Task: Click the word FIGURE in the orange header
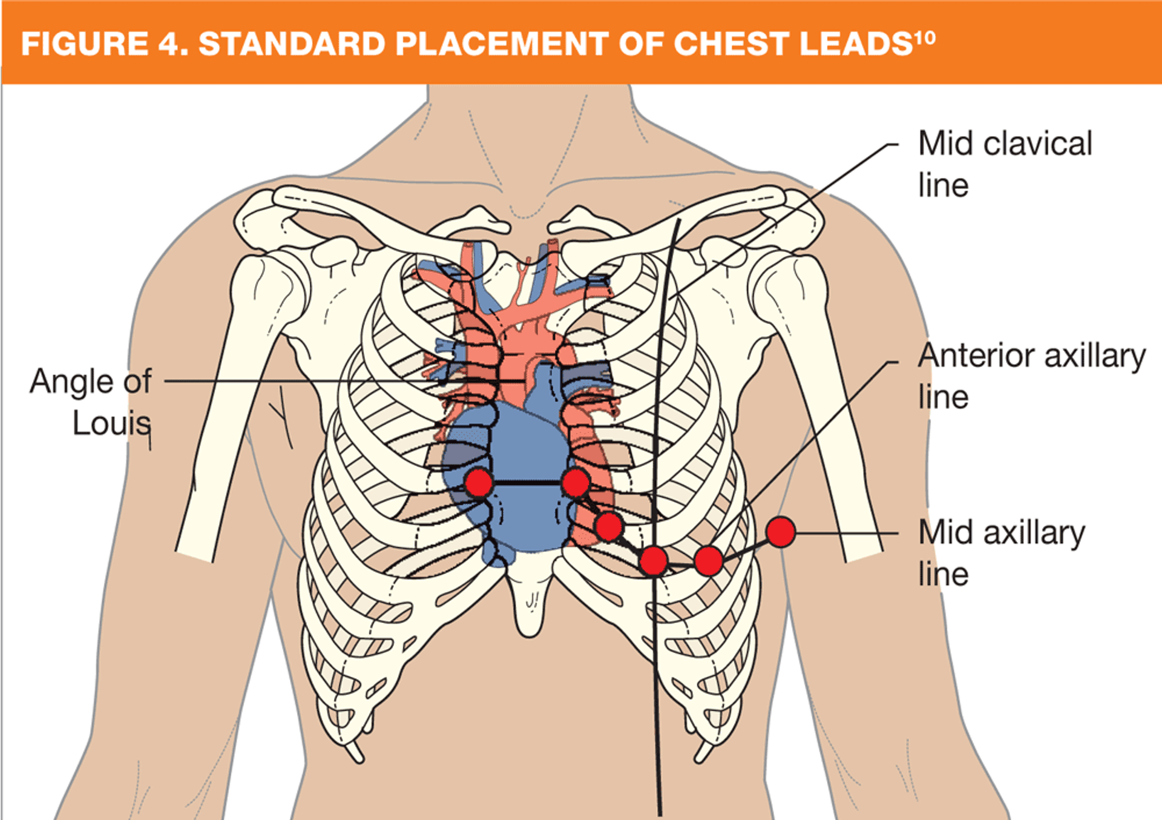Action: pos(85,44)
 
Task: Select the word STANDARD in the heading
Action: pos(292,44)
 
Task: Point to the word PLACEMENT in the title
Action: pos(502,44)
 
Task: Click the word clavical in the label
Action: pos(1038,144)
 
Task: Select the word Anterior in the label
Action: pos(977,355)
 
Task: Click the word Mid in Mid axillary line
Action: pos(946,533)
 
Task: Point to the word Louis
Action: pos(111,423)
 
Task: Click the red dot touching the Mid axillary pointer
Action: pos(781,532)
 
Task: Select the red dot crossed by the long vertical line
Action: pos(654,560)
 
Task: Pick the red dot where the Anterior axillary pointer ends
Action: pos(708,560)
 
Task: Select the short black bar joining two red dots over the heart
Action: pos(527,483)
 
